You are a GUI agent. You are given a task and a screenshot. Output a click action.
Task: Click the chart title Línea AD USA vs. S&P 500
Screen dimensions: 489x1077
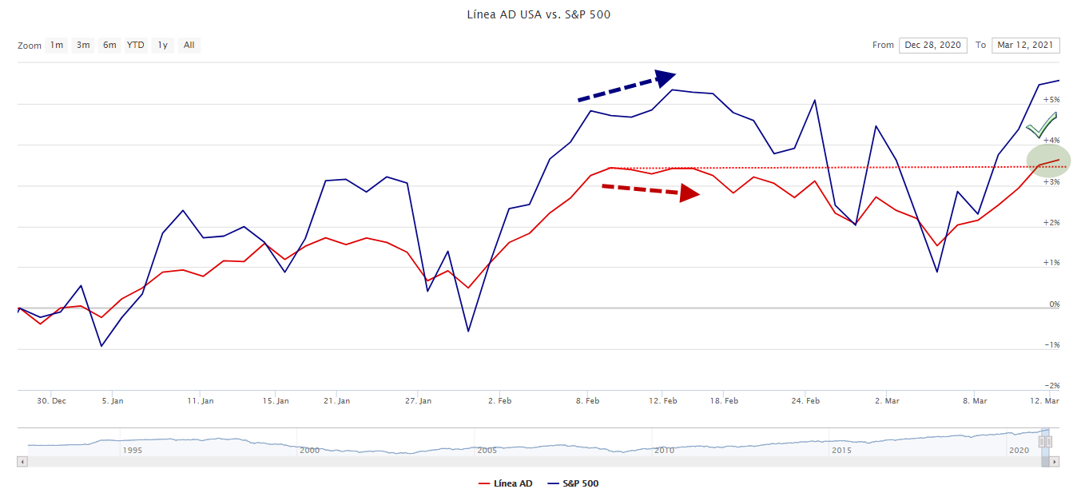point(538,14)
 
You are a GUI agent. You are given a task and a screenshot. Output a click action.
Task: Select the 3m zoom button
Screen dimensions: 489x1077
point(83,45)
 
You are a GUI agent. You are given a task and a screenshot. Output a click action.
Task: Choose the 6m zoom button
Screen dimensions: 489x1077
point(109,45)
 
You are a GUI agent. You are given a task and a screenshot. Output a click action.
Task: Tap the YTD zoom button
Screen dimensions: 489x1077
point(136,45)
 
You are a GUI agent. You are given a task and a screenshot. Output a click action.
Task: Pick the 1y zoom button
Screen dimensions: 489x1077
point(163,45)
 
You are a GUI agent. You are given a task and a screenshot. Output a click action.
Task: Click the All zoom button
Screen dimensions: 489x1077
point(189,45)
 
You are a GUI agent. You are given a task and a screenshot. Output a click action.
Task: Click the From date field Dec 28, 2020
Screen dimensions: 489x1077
point(932,45)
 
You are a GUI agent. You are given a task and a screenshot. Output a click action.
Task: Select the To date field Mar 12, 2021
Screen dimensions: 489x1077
point(1026,45)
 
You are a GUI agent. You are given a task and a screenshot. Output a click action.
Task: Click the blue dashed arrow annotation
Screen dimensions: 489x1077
point(626,86)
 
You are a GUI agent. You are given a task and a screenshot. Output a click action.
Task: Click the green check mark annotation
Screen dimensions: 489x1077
point(1042,125)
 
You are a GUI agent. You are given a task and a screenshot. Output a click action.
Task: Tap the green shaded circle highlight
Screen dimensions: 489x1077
point(1048,159)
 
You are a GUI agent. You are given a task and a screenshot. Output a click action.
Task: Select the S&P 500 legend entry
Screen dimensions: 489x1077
point(580,483)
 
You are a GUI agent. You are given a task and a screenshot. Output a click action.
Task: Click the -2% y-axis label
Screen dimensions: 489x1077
point(1051,386)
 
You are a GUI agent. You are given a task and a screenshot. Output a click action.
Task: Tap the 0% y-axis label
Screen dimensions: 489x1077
point(1054,304)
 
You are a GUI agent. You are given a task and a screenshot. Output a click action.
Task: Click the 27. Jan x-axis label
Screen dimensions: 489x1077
point(419,400)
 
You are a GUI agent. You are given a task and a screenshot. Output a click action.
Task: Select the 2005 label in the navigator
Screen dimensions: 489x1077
point(487,451)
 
